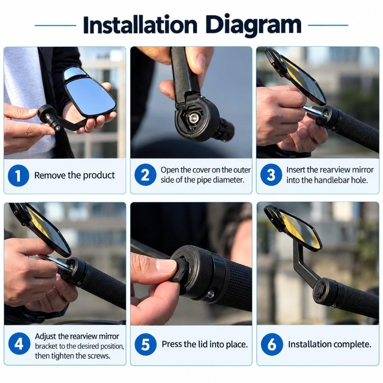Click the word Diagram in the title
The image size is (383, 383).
tap(253, 25)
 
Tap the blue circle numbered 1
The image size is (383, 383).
tap(18, 175)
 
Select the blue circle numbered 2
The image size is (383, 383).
tap(145, 175)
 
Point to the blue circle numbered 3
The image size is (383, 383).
tap(271, 175)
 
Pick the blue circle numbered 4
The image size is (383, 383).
tap(19, 344)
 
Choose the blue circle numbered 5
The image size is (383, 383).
tap(145, 344)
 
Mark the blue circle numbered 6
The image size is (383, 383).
tap(272, 344)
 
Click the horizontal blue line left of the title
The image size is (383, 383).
tap(56, 25)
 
